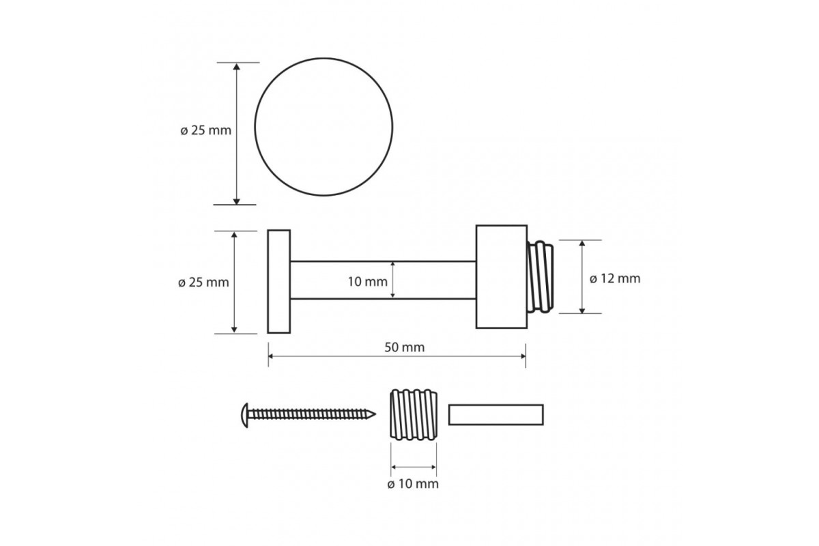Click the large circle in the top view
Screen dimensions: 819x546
coord(255,126)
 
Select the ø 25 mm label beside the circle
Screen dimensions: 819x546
coord(206,130)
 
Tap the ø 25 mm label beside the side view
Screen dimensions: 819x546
coord(203,283)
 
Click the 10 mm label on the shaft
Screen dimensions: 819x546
coord(367,282)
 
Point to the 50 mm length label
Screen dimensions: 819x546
coord(404,347)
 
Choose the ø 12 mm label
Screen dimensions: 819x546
coord(615,278)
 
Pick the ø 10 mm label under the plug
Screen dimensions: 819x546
coord(413,484)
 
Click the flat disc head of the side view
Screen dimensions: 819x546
coord(279,282)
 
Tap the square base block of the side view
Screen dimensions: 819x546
coord(502,277)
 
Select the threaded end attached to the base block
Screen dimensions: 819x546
coord(540,277)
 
